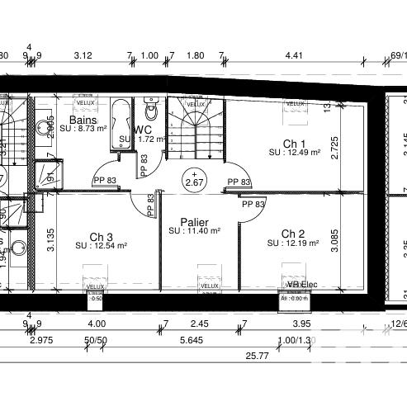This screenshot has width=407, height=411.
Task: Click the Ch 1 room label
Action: click(294, 144)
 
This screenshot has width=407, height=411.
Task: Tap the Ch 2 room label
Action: click(293, 234)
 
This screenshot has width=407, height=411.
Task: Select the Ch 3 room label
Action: click(101, 235)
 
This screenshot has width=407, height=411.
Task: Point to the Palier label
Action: click(194, 222)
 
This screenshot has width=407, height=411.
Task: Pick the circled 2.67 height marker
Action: click(196, 181)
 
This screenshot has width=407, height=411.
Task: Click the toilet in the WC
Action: click(151, 106)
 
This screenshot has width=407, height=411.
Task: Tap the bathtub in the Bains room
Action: click(121, 125)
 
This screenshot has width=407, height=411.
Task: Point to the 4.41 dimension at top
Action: click(294, 56)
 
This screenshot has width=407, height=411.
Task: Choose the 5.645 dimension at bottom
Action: click(192, 340)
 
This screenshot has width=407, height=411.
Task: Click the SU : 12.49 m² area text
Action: click(294, 153)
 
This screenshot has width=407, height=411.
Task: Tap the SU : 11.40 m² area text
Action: click(194, 232)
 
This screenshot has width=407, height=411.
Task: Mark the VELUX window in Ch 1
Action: click(295, 104)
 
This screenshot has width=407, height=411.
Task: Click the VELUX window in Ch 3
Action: click(96, 286)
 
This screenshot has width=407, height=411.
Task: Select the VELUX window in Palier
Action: click(208, 286)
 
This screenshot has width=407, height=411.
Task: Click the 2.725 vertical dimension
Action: click(334, 142)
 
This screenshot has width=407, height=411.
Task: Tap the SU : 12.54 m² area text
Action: click(101, 245)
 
